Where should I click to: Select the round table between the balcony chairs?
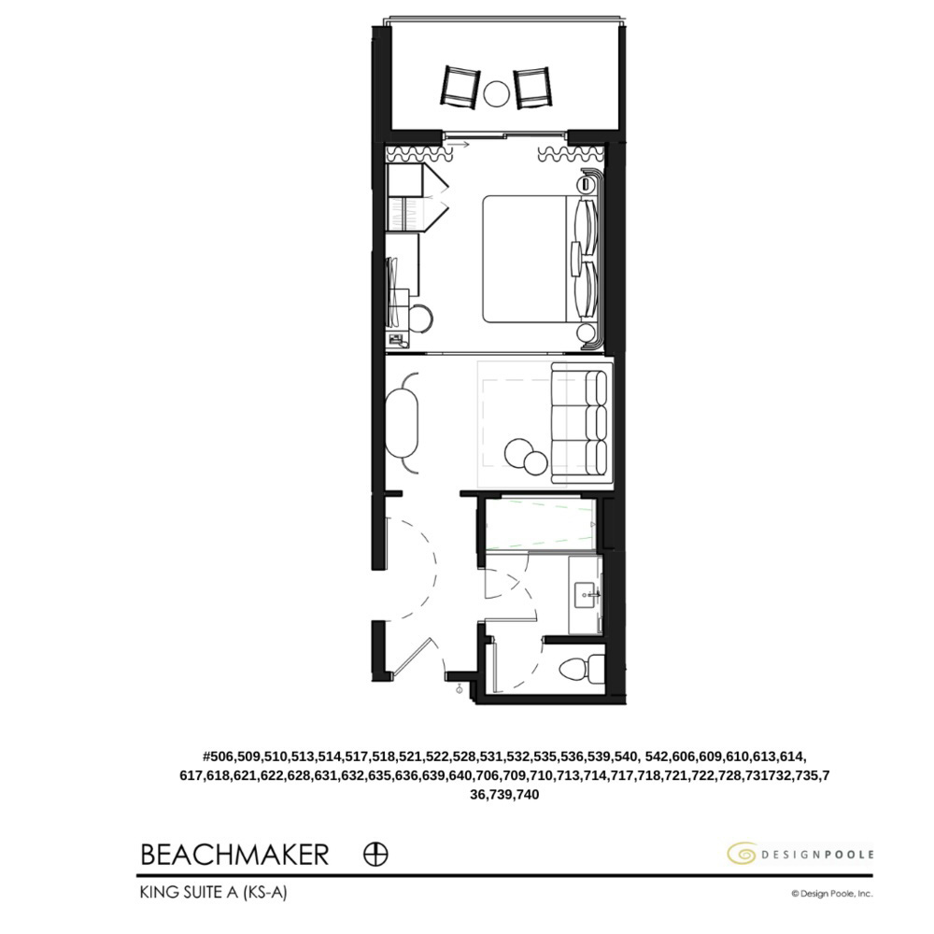[x=497, y=92]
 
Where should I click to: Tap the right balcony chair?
[x=533, y=87]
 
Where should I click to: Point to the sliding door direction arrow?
[x=458, y=144]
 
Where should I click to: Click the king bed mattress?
[x=525, y=259]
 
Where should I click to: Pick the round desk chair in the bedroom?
[x=419, y=319]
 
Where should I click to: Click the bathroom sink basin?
[x=586, y=592]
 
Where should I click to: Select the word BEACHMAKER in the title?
[x=234, y=854]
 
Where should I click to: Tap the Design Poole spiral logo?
[x=742, y=854]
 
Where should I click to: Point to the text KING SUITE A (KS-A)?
[x=213, y=893]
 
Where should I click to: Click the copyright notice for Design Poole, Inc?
[x=831, y=894]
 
